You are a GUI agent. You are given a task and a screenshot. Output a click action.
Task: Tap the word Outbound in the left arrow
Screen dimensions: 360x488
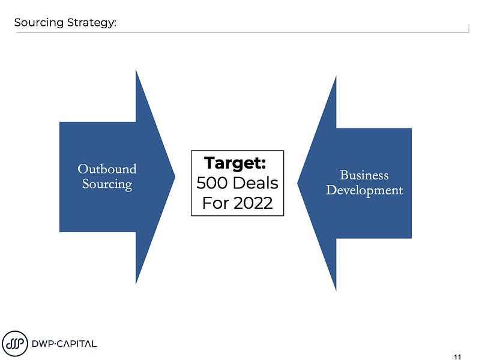(107, 169)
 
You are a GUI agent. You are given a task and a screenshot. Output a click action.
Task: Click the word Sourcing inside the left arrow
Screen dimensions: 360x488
(107, 184)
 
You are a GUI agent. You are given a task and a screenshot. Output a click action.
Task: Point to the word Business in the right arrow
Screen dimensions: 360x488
(364, 175)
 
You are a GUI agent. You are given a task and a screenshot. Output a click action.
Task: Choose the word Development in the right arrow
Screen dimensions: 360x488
(364, 190)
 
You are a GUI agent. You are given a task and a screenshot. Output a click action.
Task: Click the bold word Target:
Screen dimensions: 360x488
(235, 163)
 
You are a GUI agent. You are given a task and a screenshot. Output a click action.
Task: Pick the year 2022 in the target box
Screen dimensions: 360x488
(252, 203)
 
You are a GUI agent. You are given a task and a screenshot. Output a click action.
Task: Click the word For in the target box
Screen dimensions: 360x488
(214, 203)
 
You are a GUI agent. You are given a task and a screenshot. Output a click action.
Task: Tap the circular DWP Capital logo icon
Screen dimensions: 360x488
(15, 343)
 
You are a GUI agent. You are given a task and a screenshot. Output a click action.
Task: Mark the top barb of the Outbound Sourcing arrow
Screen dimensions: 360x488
(137, 75)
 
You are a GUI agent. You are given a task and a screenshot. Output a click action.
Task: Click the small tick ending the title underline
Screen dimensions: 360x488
(468, 29)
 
